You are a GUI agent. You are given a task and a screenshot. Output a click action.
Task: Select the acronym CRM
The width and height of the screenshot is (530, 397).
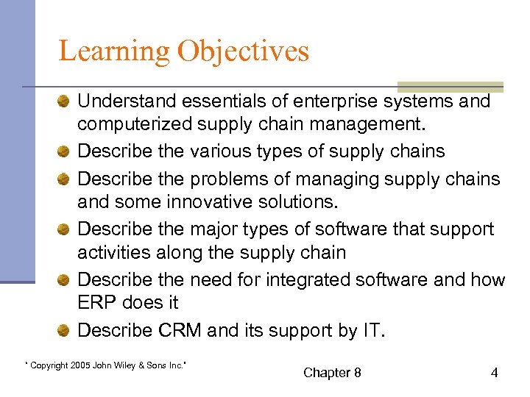(180, 330)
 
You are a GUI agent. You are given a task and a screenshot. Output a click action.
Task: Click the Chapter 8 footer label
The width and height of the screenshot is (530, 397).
(332, 373)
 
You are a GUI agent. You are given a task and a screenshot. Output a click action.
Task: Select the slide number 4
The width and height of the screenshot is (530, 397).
(494, 373)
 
